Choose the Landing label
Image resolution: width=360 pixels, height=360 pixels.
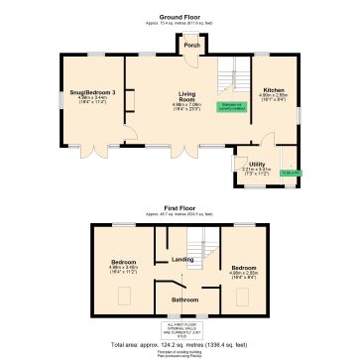click(x=182, y=260)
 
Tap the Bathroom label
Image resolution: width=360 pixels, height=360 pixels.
click(x=185, y=298)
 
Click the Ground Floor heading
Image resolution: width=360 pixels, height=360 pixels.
click(x=180, y=15)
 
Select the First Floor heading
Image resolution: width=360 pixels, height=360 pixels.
click(x=180, y=209)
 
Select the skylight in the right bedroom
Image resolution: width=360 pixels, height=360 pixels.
click(x=242, y=296)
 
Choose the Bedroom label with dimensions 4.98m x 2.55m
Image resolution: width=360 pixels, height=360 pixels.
click(x=244, y=270)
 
